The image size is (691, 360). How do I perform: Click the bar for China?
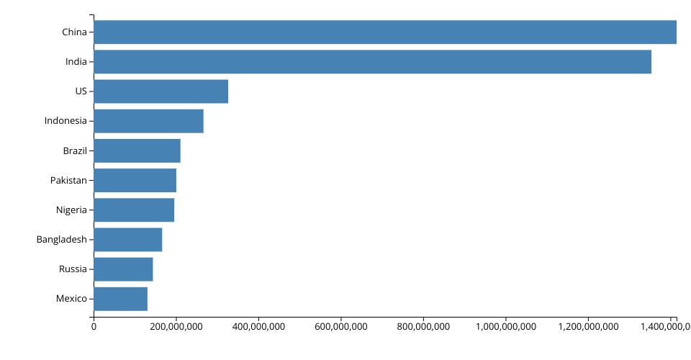point(385,32)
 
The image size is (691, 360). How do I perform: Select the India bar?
point(372,62)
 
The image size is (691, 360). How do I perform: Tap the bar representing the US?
point(161,91)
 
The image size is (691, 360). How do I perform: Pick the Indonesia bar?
point(148,121)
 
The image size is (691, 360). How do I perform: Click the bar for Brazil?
point(137,150)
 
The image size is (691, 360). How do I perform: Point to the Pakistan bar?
point(135,180)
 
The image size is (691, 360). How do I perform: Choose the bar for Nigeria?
point(134,210)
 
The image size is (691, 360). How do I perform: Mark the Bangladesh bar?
point(127,239)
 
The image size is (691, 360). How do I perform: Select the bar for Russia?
point(123,269)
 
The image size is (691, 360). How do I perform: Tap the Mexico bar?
point(120,298)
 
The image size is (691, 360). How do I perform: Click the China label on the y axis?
point(74,32)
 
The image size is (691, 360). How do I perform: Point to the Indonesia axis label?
point(66,121)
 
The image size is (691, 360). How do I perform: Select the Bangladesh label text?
point(61,239)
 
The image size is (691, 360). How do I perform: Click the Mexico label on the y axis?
point(71,298)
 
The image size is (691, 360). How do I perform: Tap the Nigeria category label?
point(71,210)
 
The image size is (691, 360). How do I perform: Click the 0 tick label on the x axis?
point(94,327)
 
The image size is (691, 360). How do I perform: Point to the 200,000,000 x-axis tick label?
point(176,327)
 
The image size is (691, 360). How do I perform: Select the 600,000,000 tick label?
point(340,327)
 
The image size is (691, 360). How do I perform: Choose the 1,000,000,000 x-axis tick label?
point(505,327)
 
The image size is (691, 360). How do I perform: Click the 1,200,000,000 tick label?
point(588,327)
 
